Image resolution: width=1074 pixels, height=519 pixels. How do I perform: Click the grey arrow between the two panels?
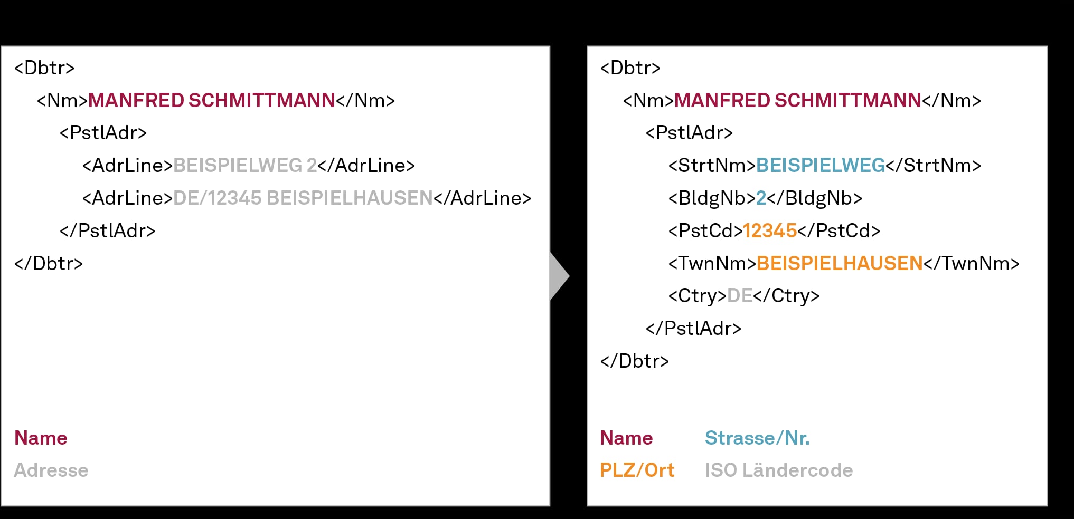tap(559, 276)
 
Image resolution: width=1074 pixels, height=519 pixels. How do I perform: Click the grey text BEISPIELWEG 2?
tap(245, 166)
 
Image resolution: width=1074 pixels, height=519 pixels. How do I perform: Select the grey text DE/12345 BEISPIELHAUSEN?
tap(303, 198)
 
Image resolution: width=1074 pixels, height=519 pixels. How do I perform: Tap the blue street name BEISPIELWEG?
tap(821, 166)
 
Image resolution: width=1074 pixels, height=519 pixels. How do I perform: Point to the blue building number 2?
tap(761, 198)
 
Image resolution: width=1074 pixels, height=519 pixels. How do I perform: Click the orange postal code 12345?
tap(770, 231)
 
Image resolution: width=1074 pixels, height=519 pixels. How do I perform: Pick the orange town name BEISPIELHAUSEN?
tap(840, 264)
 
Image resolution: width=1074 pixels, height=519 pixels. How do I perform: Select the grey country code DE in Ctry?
tap(740, 296)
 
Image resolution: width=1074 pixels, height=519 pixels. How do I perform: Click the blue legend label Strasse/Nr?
tap(757, 438)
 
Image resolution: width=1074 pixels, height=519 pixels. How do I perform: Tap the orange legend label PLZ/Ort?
tap(637, 470)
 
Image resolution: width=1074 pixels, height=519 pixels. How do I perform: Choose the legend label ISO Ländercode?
tap(779, 470)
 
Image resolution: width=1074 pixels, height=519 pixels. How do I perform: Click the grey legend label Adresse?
tap(51, 470)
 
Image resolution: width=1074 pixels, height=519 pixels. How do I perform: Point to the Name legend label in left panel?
tap(41, 438)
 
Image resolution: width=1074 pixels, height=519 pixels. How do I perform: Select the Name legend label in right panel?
tap(626, 438)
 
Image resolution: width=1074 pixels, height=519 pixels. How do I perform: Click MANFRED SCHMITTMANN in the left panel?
tap(212, 101)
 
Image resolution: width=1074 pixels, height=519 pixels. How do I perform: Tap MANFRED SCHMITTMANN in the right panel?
tap(798, 101)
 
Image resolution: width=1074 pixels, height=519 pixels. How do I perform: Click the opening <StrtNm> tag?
tap(712, 166)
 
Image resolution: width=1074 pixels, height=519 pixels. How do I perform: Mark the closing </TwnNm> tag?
tap(972, 264)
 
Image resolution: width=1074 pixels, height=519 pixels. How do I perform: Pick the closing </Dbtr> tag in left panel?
tap(49, 264)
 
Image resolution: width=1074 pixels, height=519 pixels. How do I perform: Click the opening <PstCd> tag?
tap(705, 231)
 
